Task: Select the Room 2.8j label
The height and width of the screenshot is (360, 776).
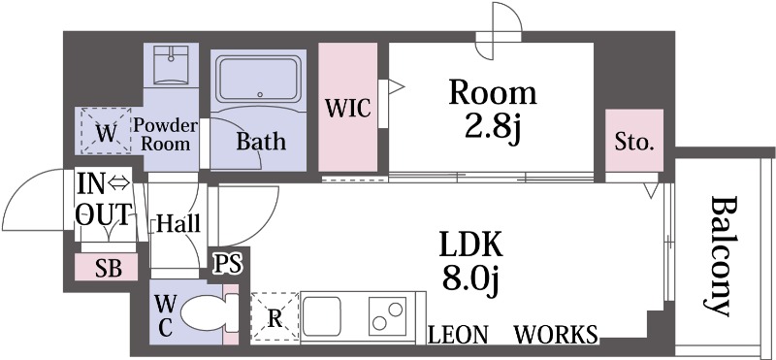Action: click(493, 110)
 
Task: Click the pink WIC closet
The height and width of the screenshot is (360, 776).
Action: click(348, 108)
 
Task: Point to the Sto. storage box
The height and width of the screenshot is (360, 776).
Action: click(634, 144)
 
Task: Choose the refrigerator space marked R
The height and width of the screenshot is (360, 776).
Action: click(275, 317)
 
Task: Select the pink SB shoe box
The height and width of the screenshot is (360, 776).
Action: click(109, 269)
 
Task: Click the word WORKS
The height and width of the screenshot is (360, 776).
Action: click(554, 336)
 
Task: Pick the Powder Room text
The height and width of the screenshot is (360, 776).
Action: click(167, 134)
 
